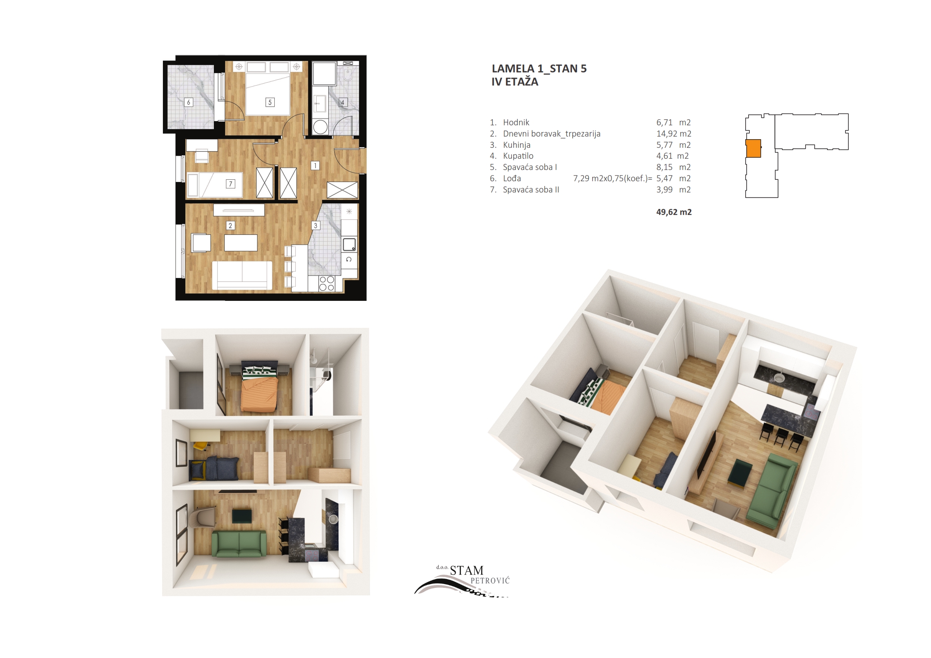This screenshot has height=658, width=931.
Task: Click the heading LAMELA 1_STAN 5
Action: (x=539, y=69)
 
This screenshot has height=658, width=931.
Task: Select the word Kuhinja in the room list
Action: (x=516, y=145)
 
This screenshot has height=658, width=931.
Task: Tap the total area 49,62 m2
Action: (x=674, y=212)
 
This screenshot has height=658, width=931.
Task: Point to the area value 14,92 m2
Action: (x=674, y=134)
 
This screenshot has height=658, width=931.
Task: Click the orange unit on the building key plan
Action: (x=754, y=149)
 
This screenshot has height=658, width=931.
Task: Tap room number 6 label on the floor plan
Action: (x=188, y=102)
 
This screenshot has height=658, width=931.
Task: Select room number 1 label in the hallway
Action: (x=315, y=165)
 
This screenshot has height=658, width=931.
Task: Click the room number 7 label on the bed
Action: (x=230, y=184)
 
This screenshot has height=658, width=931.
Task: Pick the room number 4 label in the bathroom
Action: (x=343, y=102)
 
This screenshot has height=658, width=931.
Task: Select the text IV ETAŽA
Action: (x=514, y=81)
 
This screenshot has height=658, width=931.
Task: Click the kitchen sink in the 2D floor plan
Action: (x=349, y=245)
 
